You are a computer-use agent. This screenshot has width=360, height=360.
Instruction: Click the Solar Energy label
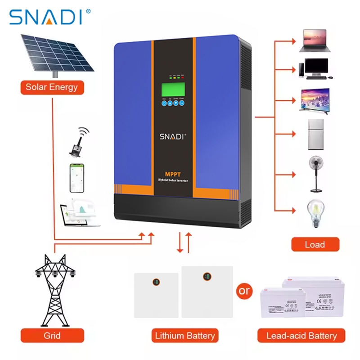(x=52, y=87)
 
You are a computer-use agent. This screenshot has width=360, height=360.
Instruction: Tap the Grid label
(x=52, y=336)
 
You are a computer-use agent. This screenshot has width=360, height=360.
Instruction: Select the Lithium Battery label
(x=184, y=336)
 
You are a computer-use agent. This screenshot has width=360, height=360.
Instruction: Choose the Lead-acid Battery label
(x=301, y=336)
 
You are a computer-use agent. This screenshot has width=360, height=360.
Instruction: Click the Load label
(x=315, y=245)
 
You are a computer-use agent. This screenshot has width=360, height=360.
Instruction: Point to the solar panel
(x=56, y=53)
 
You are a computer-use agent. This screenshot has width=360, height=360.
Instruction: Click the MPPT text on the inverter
(x=173, y=174)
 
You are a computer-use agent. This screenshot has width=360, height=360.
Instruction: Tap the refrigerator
(x=315, y=134)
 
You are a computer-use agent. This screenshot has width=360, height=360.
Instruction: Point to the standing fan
(x=315, y=171)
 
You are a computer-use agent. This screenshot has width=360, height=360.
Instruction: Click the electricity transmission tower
(x=54, y=288)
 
